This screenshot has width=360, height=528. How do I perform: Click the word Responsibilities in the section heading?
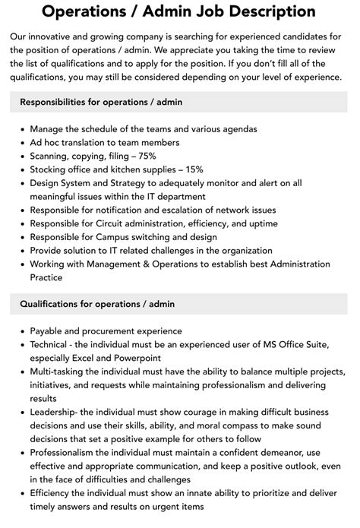(x=58, y=102)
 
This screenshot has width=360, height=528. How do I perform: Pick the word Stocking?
(x=50, y=169)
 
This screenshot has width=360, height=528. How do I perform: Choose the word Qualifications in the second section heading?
(x=52, y=304)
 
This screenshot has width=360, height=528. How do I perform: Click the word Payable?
(x=48, y=331)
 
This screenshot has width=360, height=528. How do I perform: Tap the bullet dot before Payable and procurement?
(x=21, y=331)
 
